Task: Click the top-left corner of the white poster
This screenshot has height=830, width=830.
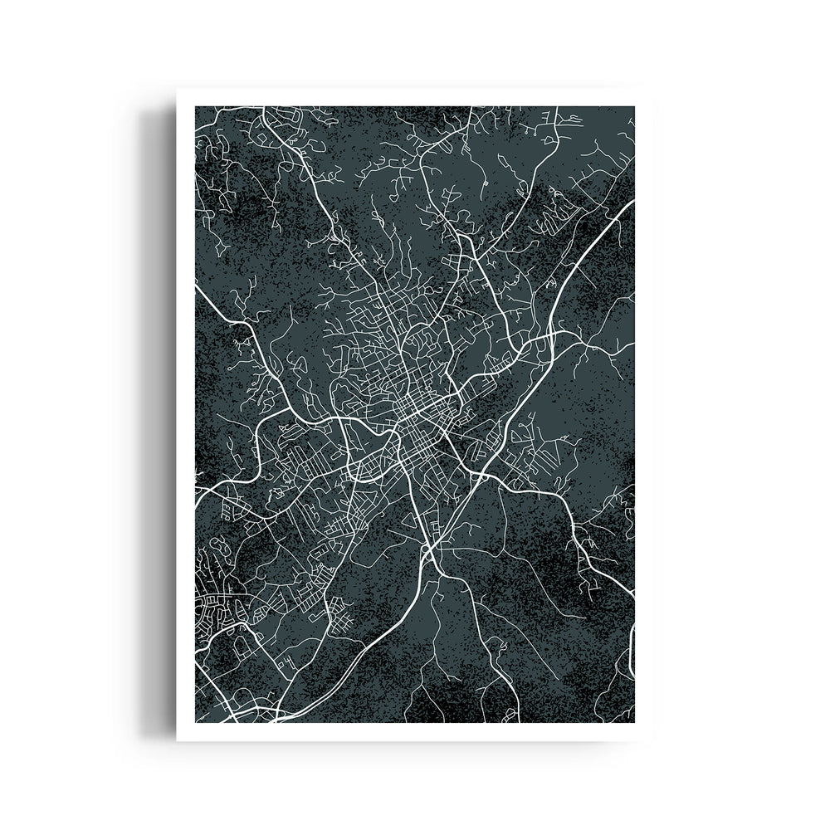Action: coord(177,89)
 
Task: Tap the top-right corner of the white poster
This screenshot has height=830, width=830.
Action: coord(652,89)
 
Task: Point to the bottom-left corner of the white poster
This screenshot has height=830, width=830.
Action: coord(177,740)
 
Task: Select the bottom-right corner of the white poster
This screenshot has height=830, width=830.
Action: coord(652,740)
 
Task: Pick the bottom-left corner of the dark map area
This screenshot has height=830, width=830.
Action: coord(195,721)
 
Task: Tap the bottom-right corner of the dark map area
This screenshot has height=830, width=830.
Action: coord(634,721)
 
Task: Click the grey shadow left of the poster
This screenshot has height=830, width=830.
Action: coord(158,415)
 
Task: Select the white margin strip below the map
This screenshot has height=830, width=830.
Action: coord(415,730)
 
